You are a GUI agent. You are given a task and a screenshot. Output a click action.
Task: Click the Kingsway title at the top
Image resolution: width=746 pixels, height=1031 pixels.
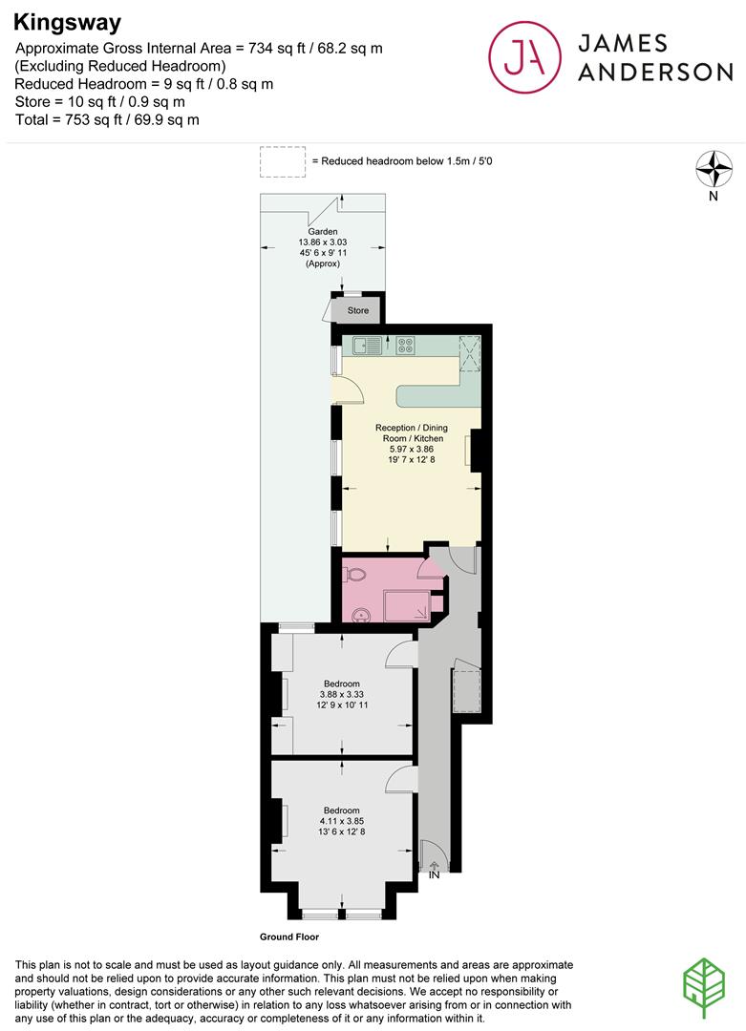click(x=67, y=21)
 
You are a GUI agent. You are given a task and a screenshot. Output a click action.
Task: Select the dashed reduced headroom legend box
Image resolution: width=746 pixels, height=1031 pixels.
click(x=282, y=161)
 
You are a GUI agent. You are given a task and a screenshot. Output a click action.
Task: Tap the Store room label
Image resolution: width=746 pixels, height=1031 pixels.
click(x=358, y=310)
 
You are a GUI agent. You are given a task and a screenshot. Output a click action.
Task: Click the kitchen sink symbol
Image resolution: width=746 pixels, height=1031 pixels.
click(x=367, y=345)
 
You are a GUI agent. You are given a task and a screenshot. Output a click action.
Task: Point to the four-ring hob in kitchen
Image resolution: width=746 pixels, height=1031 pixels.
click(x=405, y=345)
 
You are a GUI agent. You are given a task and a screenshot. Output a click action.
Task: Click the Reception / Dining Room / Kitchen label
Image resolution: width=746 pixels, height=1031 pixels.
click(x=409, y=438)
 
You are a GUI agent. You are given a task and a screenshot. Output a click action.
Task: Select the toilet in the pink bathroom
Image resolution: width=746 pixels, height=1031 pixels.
click(x=352, y=575)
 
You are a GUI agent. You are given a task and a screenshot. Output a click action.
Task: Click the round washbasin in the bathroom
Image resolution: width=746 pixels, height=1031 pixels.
click(x=361, y=613)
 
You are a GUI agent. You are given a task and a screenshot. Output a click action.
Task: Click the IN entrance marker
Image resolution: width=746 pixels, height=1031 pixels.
click(x=434, y=873)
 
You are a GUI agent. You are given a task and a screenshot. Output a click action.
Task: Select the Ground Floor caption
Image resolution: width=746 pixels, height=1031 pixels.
click(x=288, y=937)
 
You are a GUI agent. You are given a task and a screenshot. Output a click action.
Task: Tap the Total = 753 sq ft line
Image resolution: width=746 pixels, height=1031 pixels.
click(x=108, y=119)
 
